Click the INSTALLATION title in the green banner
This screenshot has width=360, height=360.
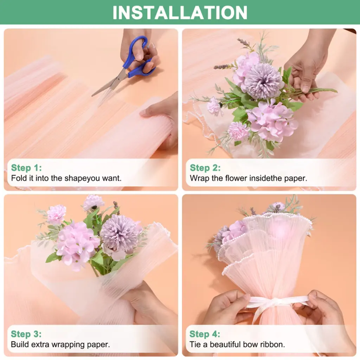click(x=180, y=13)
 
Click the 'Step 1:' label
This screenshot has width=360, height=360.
click(x=26, y=168)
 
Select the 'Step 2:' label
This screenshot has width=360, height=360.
click(x=205, y=168)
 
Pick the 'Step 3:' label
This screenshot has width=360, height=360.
click(x=26, y=334)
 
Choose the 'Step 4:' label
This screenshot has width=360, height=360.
click(x=205, y=334)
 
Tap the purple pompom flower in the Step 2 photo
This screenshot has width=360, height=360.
click(x=263, y=81)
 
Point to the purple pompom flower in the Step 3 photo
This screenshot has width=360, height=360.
click(x=119, y=234)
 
